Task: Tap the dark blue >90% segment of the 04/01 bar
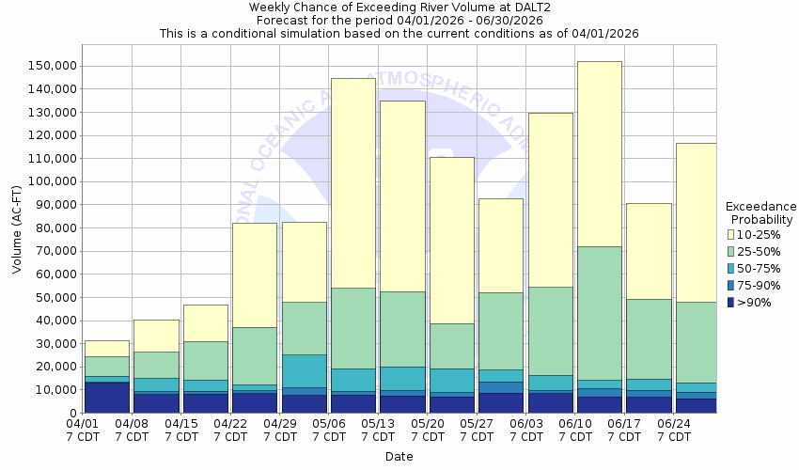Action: [106, 398]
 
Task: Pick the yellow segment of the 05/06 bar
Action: [352, 182]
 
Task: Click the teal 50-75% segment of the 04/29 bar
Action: [304, 370]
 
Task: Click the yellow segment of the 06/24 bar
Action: [697, 222]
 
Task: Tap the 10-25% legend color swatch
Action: [730, 234]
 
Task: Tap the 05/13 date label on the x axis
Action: [378, 430]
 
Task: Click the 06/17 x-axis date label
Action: [624, 430]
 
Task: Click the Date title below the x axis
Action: [398, 457]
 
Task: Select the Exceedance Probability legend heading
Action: [761, 212]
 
